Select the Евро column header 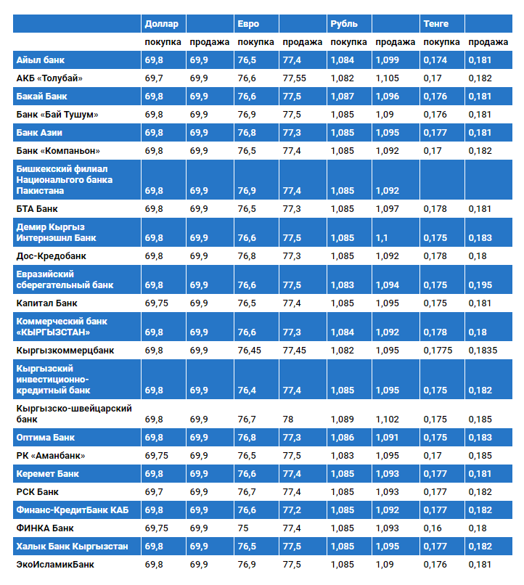(248, 24)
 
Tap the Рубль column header (343, 24)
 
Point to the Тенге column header (435, 24)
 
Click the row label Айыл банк (41, 60)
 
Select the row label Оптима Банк (45, 438)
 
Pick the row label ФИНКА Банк (44, 528)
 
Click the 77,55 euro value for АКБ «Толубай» (294, 78)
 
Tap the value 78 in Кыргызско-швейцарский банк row (288, 420)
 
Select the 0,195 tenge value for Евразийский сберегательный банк (480, 285)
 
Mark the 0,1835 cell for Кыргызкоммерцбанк (483, 351)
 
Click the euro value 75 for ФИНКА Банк (243, 528)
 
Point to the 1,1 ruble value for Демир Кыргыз (382, 238)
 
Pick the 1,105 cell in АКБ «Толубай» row (387, 78)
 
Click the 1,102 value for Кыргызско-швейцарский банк (387, 420)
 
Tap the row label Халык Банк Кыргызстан (72, 546)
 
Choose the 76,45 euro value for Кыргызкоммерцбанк (250, 351)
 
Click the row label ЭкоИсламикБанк (55, 564)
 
